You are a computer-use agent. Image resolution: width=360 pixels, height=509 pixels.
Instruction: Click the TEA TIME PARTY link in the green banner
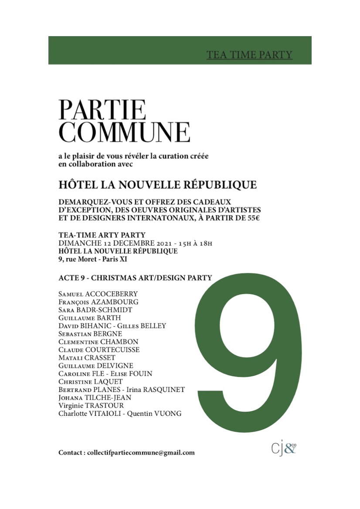click(249, 55)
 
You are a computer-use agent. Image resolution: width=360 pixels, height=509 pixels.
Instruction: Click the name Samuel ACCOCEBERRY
click(98, 294)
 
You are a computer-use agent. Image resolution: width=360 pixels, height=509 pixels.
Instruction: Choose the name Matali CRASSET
click(87, 357)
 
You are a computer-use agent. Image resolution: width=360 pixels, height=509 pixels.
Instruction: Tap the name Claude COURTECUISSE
click(99, 350)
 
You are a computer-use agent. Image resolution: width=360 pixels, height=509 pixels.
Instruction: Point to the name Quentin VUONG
click(157, 413)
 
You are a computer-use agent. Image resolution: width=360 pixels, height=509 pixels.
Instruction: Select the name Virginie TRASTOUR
click(91, 405)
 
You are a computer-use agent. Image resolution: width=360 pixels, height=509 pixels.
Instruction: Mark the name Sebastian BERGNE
click(90, 334)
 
